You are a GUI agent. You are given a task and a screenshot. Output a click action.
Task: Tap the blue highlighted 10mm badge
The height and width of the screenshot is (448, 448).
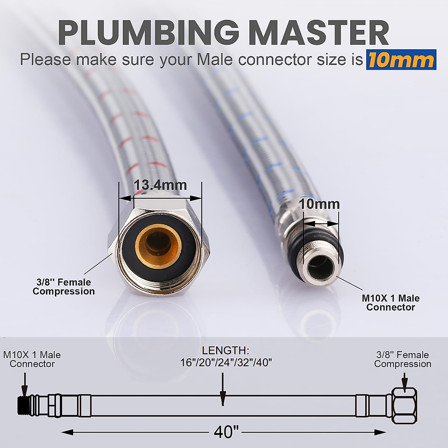(x=401, y=60)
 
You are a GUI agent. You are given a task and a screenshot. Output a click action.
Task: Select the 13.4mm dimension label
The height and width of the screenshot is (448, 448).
(x=160, y=185)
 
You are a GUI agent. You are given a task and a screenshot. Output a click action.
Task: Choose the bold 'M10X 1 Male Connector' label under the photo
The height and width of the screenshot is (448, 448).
(x=391, y=303)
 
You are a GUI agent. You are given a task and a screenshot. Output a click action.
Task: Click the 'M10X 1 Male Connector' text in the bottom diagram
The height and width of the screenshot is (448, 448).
(x=32, y=359)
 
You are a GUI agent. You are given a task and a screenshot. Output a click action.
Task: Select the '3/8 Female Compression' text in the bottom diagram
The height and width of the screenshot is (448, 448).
(x=402, y=359)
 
